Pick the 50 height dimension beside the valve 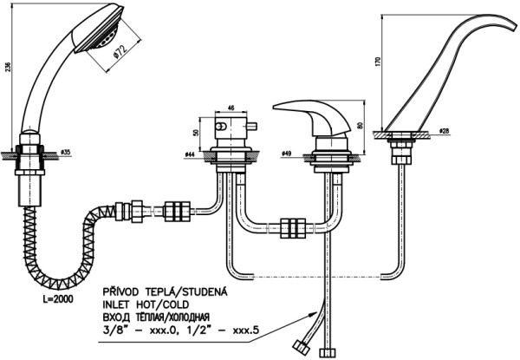(x=197, y=135)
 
